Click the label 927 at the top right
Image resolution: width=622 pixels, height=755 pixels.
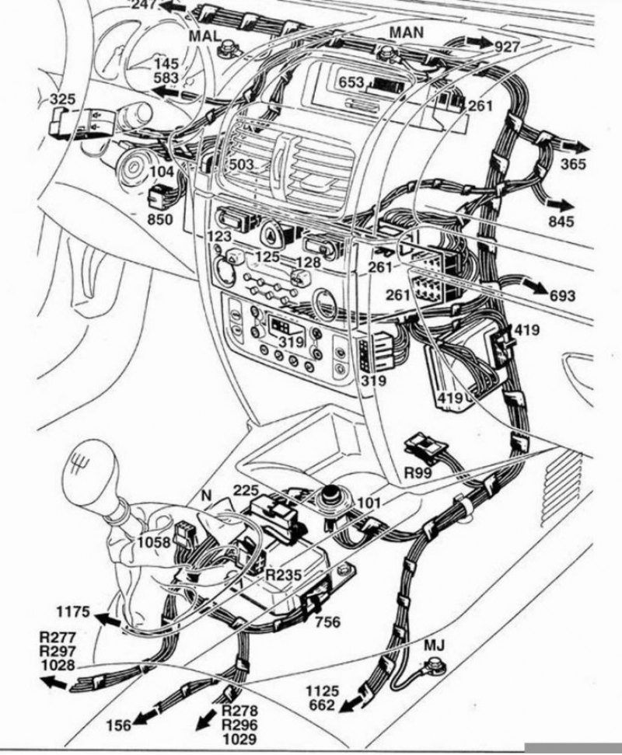pos(507,46)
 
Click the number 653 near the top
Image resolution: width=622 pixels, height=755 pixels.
pos(351,82)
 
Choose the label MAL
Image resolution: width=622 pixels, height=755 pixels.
pos(204,37)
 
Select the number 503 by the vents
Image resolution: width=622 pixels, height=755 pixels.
pos(242,165)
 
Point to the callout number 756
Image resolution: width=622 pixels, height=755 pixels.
pos(328,621)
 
